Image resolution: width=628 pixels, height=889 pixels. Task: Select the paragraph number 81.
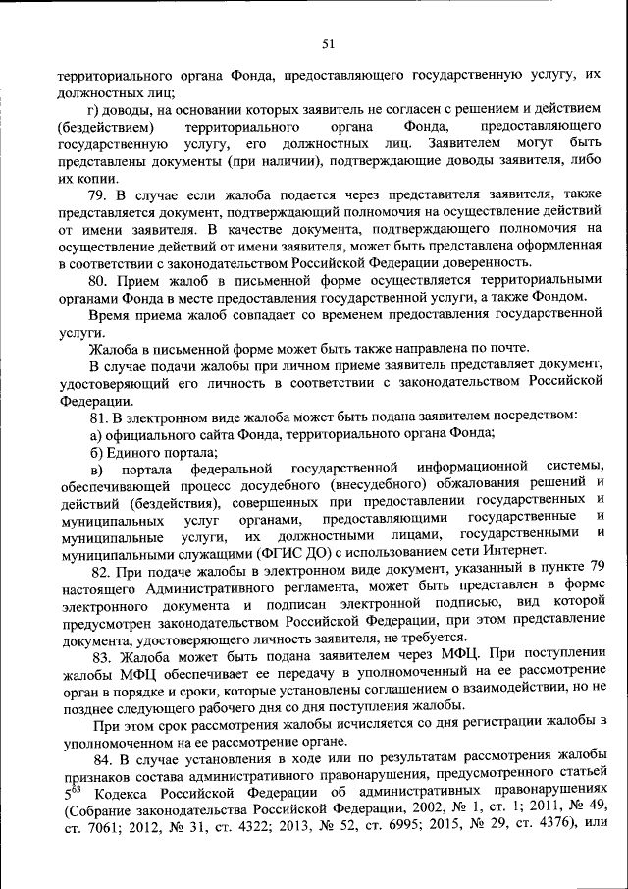coord(100,418)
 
